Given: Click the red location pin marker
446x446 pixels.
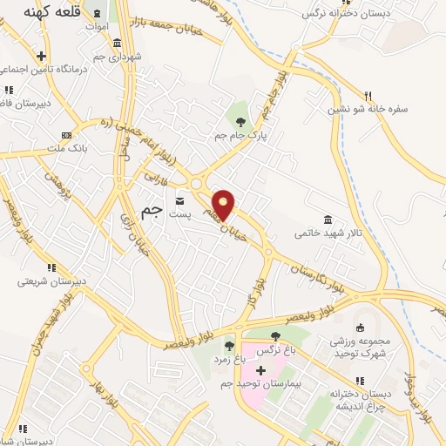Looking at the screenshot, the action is tap(224, 205).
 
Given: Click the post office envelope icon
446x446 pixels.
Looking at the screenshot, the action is tap(180, 200).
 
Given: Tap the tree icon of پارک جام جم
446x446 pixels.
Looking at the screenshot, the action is tap(241, 122).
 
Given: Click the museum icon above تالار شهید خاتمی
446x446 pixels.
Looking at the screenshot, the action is tap(327, 219).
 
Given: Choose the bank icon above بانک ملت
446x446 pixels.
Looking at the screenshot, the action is tap(67, 135).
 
